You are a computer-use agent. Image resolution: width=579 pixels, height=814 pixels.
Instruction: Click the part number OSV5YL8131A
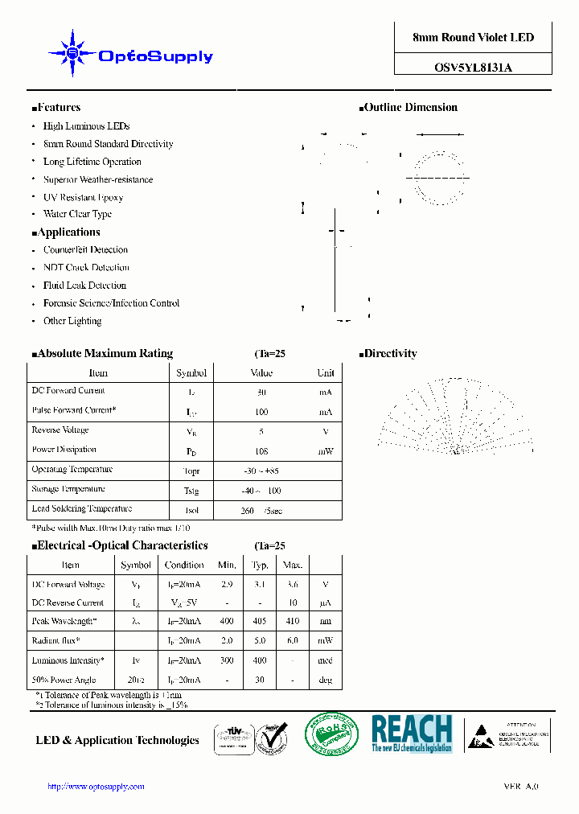point(473,68)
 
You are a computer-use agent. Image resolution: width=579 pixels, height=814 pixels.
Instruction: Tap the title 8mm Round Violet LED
point(473,38)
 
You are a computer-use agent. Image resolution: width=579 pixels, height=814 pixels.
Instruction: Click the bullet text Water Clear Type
point(77,215)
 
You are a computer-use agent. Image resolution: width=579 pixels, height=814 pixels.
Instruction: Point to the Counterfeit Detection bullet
point(85,250)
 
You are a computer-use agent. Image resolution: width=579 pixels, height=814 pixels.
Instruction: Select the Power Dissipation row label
point(64,450)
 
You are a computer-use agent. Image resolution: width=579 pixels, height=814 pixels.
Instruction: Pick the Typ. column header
point(261,565)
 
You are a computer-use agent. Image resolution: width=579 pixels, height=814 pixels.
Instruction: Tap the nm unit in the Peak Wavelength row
point(325,621)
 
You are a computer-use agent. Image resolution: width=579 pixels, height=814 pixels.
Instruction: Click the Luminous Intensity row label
point(68,660)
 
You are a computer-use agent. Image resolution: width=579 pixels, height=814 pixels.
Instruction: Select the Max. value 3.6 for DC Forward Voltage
point(293,585)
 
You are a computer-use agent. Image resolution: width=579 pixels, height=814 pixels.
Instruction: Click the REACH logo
point(412,733)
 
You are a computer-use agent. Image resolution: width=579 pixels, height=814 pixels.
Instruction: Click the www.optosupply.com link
point(96,787)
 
